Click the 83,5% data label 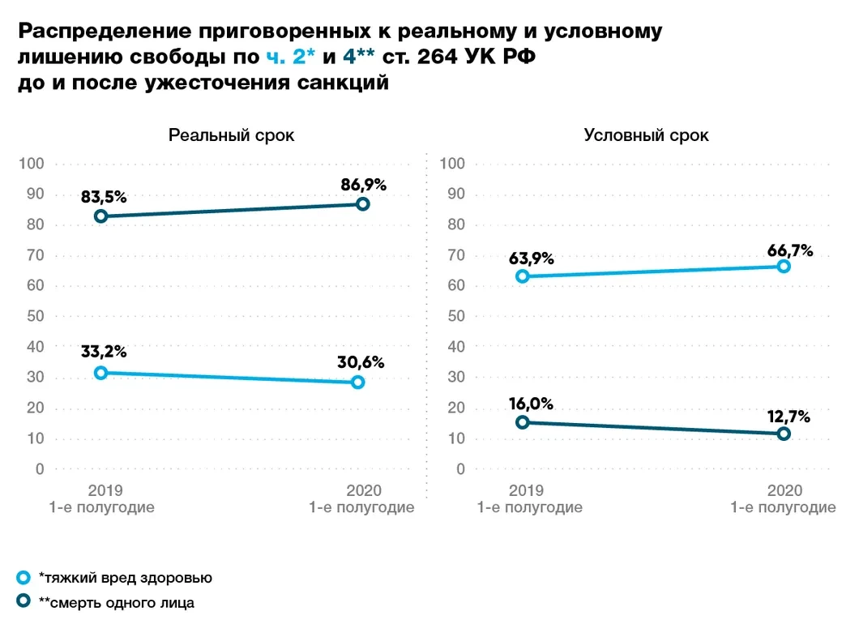[104, 197]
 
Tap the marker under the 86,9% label [363, 204]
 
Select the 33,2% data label [104, 353]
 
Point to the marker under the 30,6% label [358, 382]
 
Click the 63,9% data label [532, 259]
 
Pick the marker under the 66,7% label [784, 266]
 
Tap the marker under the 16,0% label [523, 422]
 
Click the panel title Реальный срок [231, 135]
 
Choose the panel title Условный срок [646, 135]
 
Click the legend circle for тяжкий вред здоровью [24, 578]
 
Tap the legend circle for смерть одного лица [24, 602]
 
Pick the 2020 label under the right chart [784, 490]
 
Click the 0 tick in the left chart [38, 469]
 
